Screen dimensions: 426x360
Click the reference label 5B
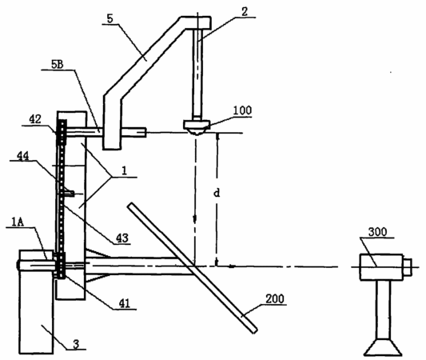58,65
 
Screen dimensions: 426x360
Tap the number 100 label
243,110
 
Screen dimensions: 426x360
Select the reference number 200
275,299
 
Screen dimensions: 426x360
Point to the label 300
377,232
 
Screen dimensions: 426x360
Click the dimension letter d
217,193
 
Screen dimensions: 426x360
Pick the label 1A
18,222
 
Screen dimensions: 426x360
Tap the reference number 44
23,156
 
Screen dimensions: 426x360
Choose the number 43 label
122,238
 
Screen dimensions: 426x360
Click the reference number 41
125,303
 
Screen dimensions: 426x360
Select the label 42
35,119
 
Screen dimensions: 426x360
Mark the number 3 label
77,344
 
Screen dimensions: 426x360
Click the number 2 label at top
245,12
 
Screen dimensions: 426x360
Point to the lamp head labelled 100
197,127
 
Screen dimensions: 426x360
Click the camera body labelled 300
381,266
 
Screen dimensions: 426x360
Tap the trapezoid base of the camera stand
383,347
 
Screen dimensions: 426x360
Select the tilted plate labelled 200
193,268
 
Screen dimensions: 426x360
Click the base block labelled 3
36,302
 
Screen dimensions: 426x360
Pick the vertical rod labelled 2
197,73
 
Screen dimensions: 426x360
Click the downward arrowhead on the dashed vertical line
195,218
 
